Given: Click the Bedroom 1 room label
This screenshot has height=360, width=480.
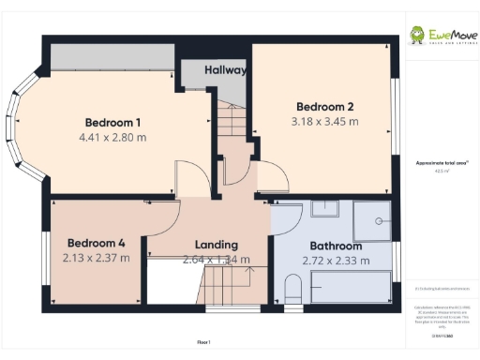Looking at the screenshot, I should [112, 123].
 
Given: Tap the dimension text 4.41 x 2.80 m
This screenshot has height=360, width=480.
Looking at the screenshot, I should [112, 137].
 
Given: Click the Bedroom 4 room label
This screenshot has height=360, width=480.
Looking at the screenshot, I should [96, 242].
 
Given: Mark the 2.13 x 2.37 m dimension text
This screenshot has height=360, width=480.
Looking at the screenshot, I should [96, 257].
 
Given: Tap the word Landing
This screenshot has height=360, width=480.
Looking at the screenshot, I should [216, 245].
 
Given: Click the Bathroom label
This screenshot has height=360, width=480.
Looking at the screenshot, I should [334, 246].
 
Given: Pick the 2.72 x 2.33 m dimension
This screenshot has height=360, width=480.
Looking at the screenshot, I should [334, 260].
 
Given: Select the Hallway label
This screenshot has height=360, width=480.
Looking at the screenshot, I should [225, 70].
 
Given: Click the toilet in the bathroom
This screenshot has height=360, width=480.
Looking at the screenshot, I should [291, 289].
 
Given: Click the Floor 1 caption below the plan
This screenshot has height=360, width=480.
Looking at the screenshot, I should [203, 343].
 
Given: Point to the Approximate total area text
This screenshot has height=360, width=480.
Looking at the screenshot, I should [437, 162].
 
